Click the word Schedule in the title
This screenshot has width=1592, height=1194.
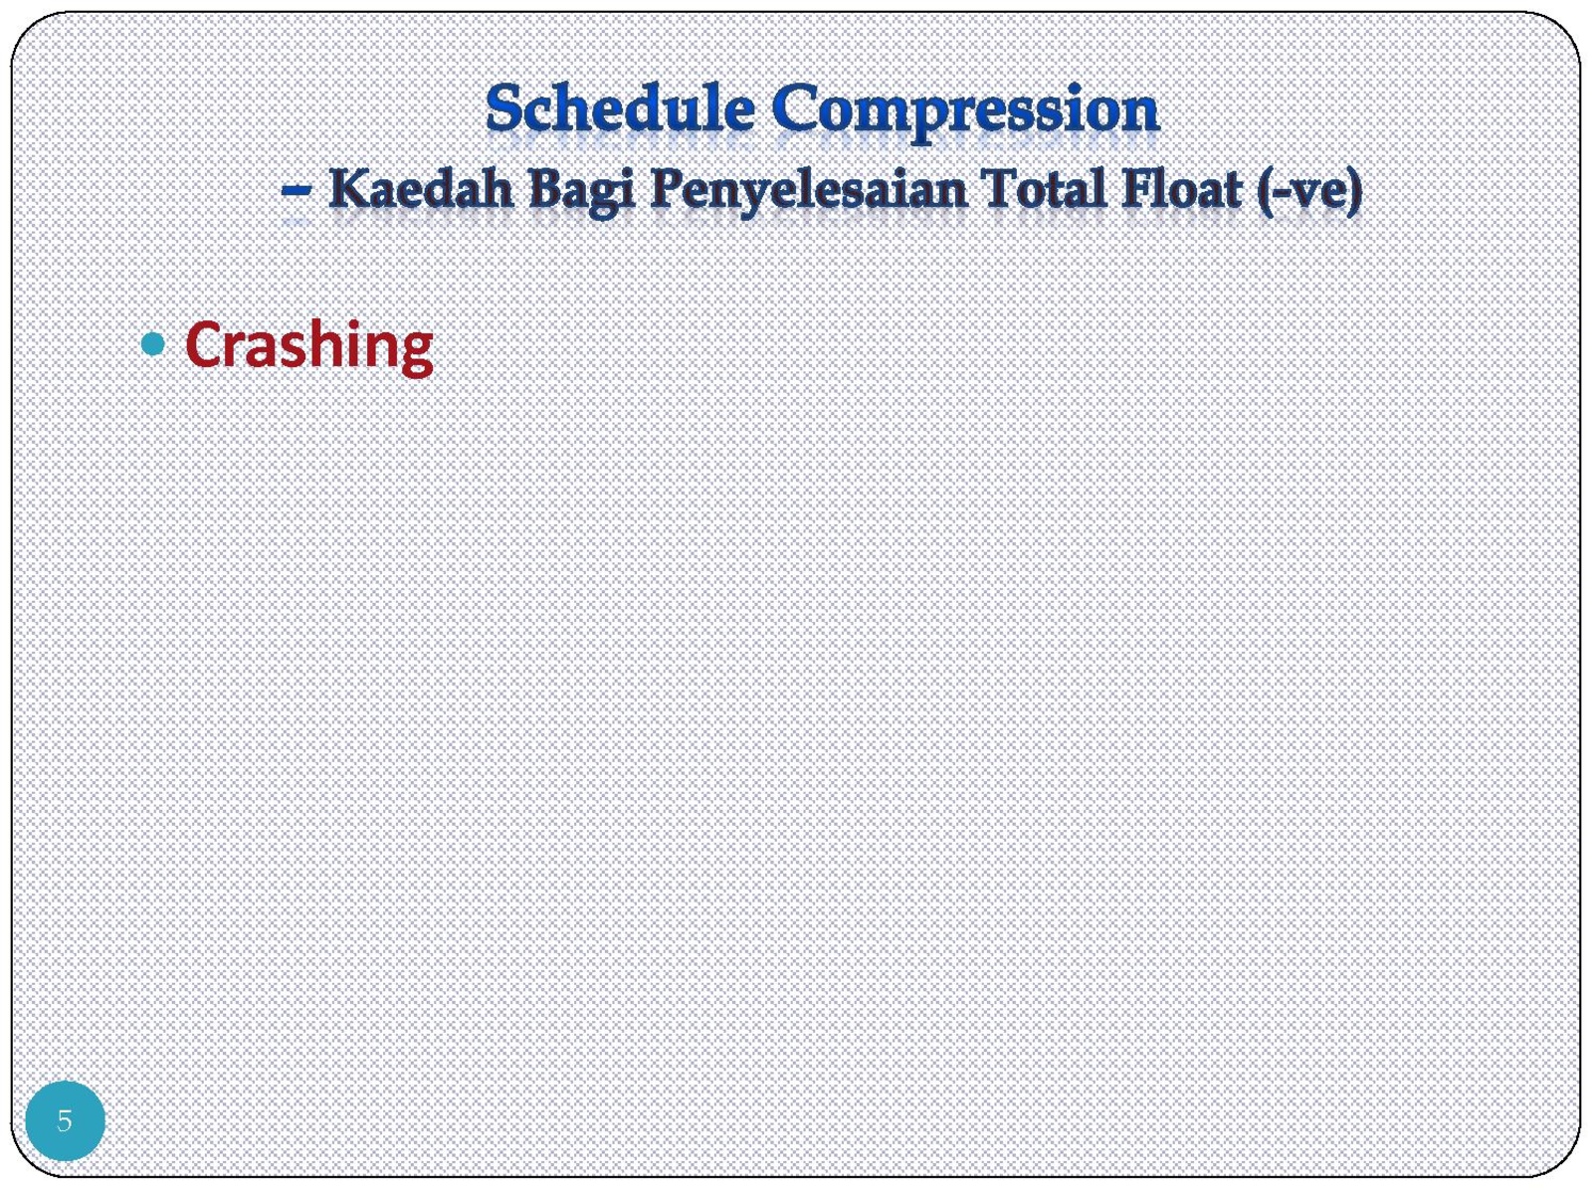(620, 109)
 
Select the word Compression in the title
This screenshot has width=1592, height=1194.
(965, 113)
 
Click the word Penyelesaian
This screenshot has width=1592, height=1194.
(808, 193)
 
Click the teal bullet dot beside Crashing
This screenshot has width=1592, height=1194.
(152, 344)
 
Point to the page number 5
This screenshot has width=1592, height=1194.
(65, 1120)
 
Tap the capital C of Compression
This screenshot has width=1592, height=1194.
(796, 109)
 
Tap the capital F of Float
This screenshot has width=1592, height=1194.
(1136, 189)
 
